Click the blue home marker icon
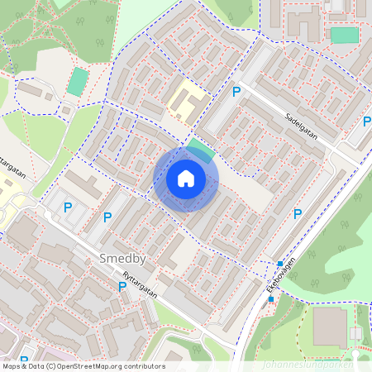pyautogui.click(x=186, y=178)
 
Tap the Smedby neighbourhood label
pyautogui.click(x=122, y=259)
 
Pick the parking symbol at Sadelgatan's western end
pyautogui.click(x=236, y=93)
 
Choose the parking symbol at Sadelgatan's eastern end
pyautogui.click(x=366, y=122)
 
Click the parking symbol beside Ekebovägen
pyautogui.click(x=298, y=214)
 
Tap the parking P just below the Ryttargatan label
pyautogui.click(x=122, y=287)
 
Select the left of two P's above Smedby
pyautogui.click(x=68, y=207)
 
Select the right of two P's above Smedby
pyautogui.click(x=107, y=217)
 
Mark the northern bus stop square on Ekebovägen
pyautogui.click(x=281, y=264)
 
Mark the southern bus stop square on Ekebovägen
pyautogui.click(x=270, y=299)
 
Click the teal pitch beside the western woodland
pyautogui.click(x=77, y=82)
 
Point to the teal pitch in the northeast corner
pyautogui.click(x=344, y=36)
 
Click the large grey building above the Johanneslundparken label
pyautogui.click(x=330, y=327)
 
